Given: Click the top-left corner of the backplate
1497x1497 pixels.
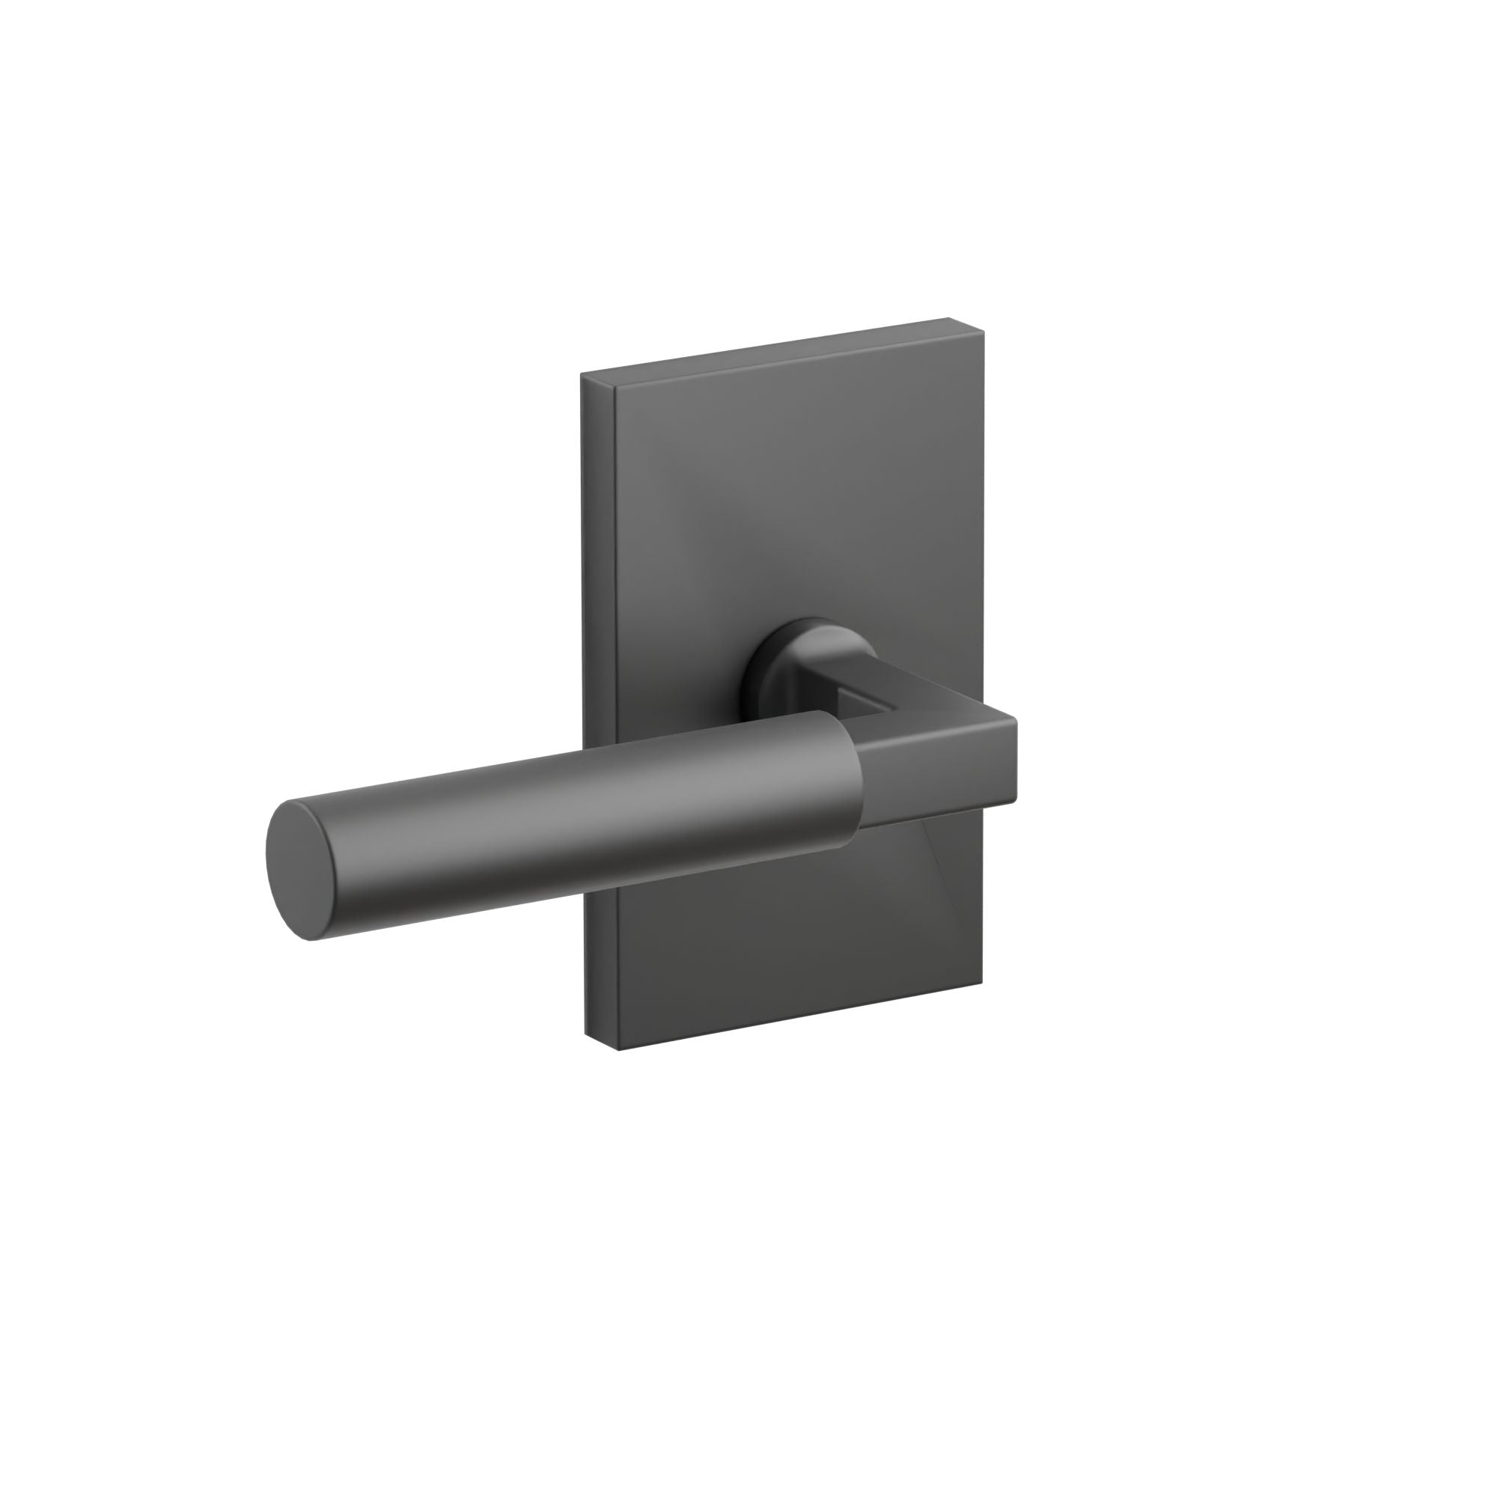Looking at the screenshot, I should (x=582, y=376).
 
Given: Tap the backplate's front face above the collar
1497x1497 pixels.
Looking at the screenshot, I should (x=790, y=504).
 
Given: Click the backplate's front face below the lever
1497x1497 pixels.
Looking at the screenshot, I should (x=775, y=945).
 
